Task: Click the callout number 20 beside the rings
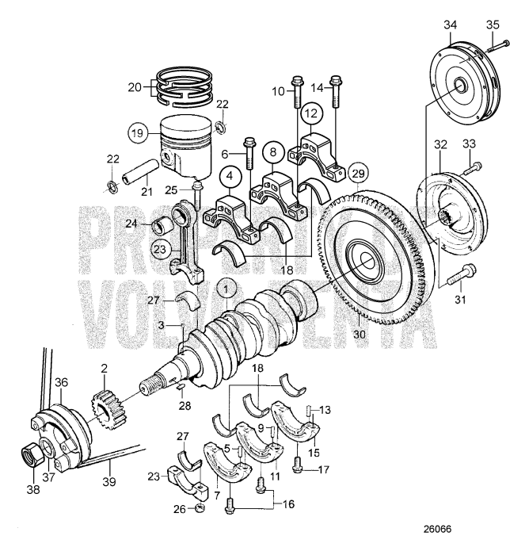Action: pos(134,88)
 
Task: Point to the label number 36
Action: pos(60,381)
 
